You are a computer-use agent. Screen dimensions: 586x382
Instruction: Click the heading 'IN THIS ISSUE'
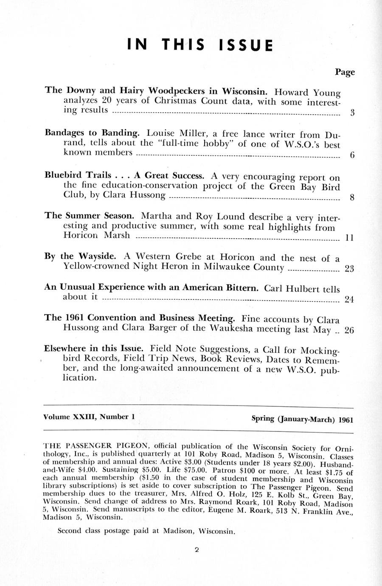200,45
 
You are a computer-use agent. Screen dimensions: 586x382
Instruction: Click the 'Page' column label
345,72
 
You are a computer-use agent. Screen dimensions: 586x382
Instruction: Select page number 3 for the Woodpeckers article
352,113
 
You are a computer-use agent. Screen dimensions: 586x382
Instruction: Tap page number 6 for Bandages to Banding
352,155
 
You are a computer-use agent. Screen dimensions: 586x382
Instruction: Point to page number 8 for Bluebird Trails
352,197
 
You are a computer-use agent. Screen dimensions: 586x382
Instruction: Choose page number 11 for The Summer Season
350,238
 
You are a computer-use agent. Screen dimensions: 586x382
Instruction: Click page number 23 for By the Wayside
349,269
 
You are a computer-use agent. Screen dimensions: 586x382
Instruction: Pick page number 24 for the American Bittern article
349,299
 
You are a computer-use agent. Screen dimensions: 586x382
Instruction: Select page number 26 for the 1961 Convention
349,330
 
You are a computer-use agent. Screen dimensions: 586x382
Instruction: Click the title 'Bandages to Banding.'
92,132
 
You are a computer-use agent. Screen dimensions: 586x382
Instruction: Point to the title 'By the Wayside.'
80,256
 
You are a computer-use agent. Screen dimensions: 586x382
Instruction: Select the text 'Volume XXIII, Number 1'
89,417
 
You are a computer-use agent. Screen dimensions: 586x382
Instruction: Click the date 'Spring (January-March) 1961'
302,419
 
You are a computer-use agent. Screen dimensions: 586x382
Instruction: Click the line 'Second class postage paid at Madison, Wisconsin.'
146,531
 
